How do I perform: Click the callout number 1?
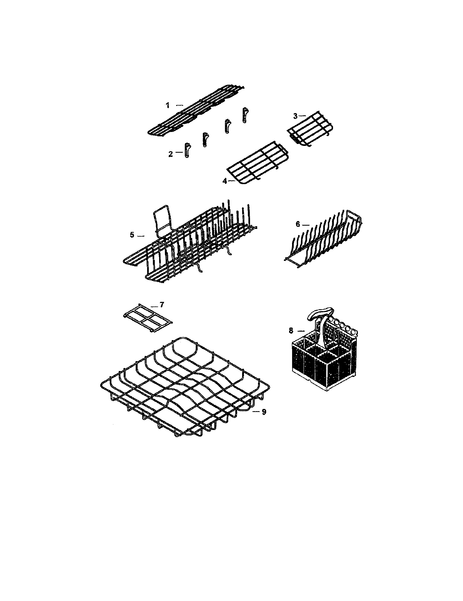(168, 105)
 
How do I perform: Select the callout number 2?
(170, 154)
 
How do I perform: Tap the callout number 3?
(295, 116)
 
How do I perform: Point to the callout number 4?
(225, 181)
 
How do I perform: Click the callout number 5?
(132, 235)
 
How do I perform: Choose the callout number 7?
(162, 305)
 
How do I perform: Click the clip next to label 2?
(187, 151)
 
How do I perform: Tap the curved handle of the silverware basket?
(320, 313)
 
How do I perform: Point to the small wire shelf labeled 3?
(310, 128)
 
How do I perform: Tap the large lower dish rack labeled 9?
(184, 385)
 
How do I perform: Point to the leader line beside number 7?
(154, 306)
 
